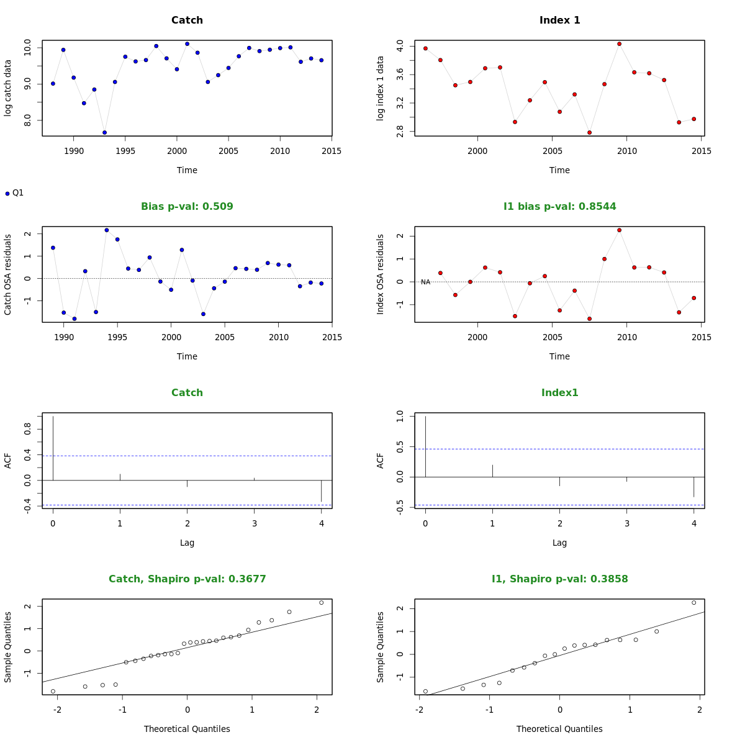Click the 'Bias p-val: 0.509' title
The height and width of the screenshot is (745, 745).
(x=187, y=207)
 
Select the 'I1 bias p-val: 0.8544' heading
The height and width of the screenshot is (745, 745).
(x=559, y=207)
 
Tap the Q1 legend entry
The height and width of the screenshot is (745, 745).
(x=14, y=193)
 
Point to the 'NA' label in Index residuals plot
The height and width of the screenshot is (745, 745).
(x=425, y=282)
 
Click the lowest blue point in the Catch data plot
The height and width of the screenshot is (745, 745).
(x=104, y=132)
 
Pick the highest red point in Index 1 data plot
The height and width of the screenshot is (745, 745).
(x=619, y=44)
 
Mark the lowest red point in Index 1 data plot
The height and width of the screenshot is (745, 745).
(x=589, y=132)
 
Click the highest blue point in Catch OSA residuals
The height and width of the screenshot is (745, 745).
(x=107, y=230)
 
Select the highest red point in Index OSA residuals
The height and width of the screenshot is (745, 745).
(x=619, y=230)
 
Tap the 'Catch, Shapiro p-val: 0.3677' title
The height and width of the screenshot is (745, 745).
(x=187, y=579)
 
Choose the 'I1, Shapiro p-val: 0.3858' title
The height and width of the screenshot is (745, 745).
(x=559, y=579)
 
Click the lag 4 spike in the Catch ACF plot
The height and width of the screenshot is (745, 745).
(x=321, y=490)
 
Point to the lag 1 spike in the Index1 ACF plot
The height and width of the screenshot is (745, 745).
(x=492, y=471)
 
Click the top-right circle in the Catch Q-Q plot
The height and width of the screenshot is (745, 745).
(x=321, y=602)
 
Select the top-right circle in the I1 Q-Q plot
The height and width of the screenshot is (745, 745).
(x=693, y=602)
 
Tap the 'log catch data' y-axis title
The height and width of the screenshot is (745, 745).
(x=8, y=88)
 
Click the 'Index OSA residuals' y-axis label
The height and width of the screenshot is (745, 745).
(x=381, y=274)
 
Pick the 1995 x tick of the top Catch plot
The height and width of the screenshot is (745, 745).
(x=125, y=151)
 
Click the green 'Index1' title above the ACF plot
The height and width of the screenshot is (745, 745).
(x=559, y=393)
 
